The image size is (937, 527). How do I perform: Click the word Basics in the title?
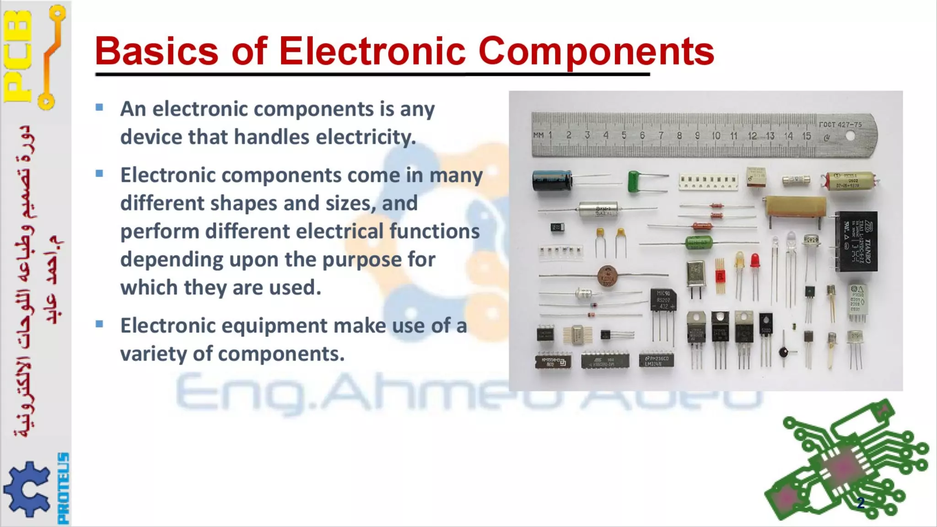click(156, 51)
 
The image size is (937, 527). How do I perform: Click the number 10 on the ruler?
click(716, 136)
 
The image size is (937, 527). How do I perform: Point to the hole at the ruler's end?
click(850, 136)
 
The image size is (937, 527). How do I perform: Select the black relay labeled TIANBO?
click(856, 241)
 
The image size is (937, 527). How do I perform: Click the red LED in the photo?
click(754, 261)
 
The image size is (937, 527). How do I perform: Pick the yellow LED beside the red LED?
click(739, 260)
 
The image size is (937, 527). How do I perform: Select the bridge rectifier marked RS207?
click(663, 300)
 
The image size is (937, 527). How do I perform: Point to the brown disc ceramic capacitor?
click(608, 276)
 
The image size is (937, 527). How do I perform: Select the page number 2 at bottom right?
click(861, 503)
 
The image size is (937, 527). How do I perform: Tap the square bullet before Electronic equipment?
click(99, 324)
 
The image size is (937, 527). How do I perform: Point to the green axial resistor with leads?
click(699, 242)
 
